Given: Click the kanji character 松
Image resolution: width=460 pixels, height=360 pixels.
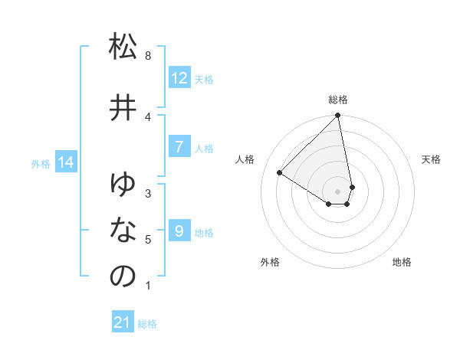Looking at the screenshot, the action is point(123,47).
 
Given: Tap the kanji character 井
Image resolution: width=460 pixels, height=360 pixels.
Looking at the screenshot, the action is point(123,108).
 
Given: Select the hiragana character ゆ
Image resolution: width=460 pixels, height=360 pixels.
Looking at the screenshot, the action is point(123,184).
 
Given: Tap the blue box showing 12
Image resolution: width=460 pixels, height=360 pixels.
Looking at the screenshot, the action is point(179,78).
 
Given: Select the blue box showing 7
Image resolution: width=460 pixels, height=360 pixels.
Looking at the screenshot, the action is point(179,147).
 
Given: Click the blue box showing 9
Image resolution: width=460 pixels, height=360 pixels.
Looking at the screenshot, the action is point(179,231).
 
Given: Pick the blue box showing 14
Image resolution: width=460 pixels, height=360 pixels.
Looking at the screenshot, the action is point(66,162).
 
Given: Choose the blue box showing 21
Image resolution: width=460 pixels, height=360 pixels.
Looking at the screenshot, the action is point(123,323).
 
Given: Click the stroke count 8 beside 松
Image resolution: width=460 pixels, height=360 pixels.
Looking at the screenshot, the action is point(148,56).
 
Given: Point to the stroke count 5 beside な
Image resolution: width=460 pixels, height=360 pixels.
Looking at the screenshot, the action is point(148,240).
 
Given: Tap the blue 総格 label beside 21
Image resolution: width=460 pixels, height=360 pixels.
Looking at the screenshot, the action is point(147,324).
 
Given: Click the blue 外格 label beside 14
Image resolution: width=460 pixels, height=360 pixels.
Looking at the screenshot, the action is point(41,163).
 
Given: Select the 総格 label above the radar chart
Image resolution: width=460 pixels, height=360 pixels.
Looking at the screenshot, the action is point(338,100).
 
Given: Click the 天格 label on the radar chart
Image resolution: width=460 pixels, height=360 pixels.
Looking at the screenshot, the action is point(432,159).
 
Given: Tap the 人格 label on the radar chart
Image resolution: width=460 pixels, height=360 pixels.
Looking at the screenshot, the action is point(245,159).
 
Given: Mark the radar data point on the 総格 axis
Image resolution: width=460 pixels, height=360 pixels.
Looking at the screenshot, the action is point(338,116).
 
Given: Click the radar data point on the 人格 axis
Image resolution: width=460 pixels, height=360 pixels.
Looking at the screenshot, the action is point(280,173).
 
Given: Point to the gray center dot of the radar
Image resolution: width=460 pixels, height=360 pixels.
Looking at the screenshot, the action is point(338,191).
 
